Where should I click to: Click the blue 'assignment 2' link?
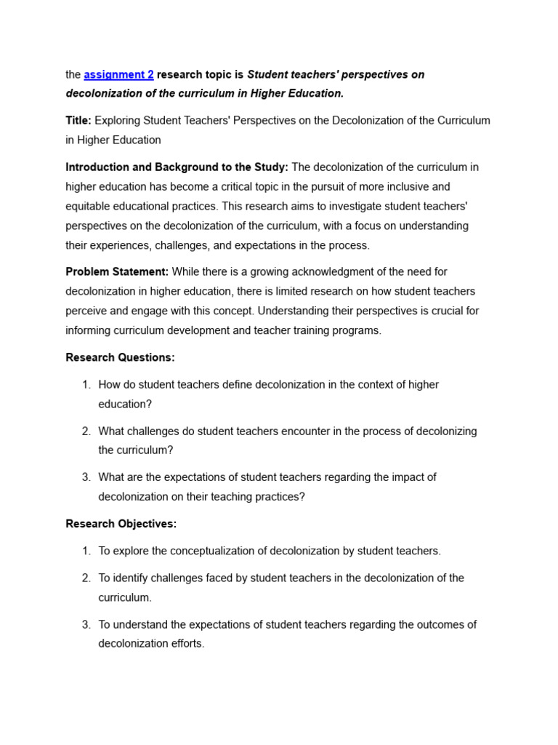pyautogui.click(x=118, y=74)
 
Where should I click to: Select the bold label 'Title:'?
pyautogui.click(x=78, y=120)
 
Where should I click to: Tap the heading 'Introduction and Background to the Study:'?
pyautogui.click(x=177, y=167)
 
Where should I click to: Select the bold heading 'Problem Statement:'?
pyautogui.click(x=117, y=272)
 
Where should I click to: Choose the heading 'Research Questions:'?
pyautogui.click(x=120, y=357)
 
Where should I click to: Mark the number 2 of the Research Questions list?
pyautogui.click(x=86, y=431)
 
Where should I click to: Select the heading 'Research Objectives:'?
pyautogui.click(x=121, y=524)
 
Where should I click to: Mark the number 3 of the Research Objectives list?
pyautogui.click(x=86, y=624)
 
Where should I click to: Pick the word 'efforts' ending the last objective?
pyautogui.click(x=186, y=644)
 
